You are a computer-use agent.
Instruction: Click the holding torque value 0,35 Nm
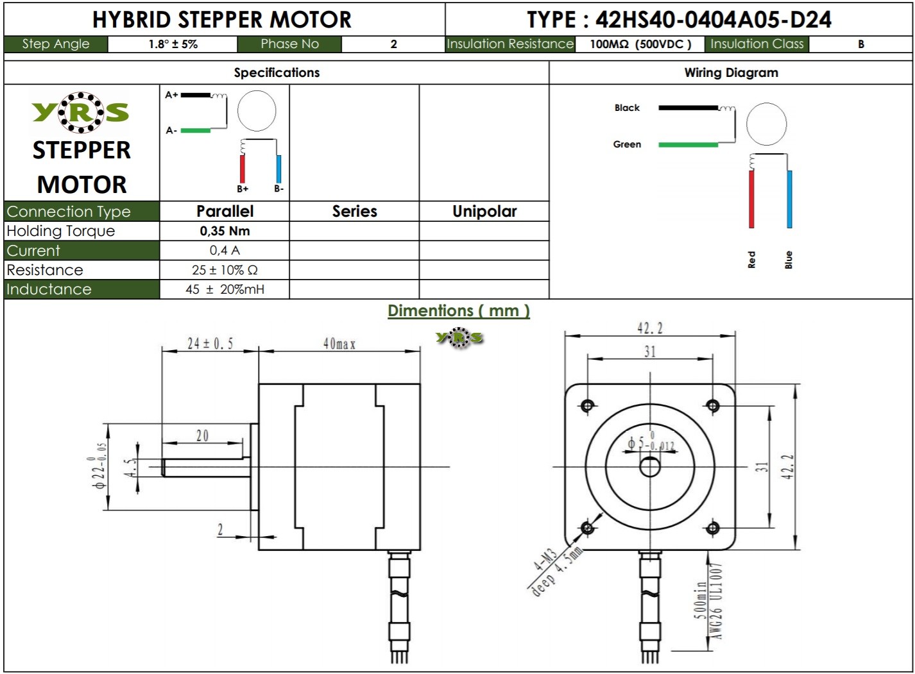[225, 231]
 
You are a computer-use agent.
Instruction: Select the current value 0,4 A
[225, 250]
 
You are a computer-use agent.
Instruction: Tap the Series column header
[354, 211]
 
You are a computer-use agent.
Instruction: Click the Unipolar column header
[484, 211]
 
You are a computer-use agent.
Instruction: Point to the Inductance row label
[49, 289]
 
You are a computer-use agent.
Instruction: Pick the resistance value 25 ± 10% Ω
[225, 270]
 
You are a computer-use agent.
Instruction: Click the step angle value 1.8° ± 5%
[173, 44]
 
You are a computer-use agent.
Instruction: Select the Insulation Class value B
[860, 44]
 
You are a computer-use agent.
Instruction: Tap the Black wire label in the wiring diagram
[627, 108]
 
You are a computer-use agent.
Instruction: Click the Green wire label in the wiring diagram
[627, 144]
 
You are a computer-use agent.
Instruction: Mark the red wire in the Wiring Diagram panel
[751, 199]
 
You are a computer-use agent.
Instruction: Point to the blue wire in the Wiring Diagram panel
[789, 199]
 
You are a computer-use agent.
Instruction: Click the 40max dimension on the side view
[339, 344]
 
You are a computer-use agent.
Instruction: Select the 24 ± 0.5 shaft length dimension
[210, 344]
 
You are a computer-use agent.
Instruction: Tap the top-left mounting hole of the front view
[588, 405]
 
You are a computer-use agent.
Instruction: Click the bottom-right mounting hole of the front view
[712, 528]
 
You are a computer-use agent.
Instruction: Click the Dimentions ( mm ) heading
[459, 311]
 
